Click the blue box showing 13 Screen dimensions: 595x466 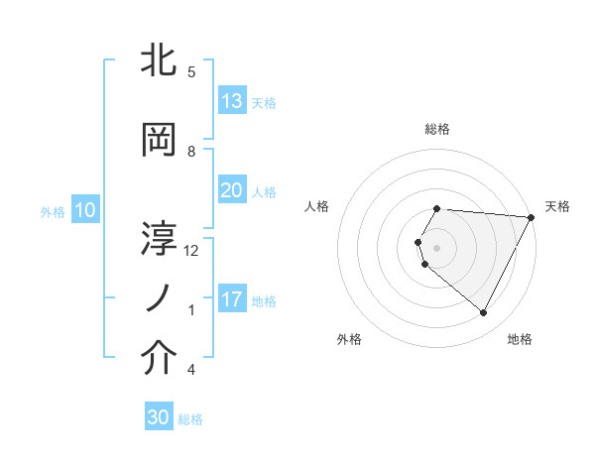(x=231, y=101)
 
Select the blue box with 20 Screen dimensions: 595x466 (x=231, y=190)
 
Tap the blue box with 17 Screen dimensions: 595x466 (x=231, y=299)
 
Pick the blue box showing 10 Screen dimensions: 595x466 (x=84, y=210)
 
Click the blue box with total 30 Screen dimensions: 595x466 (x=159, y=417)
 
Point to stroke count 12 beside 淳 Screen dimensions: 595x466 (x=191, y=250)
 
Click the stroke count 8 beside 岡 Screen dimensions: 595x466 (x=191, y=151)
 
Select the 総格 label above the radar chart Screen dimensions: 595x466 (x=437, y=129)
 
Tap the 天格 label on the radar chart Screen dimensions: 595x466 (x=557, y=206)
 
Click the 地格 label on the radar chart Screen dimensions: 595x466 (x=520, y=339)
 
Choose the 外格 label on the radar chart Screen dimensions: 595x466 (x=349, y=339)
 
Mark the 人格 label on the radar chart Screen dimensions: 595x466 (x=316, y=206)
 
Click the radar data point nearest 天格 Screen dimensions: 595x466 (x=531, y=217)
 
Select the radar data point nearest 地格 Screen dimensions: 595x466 (x=484, y=313)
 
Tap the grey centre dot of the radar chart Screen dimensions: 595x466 (x=437, y=247)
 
